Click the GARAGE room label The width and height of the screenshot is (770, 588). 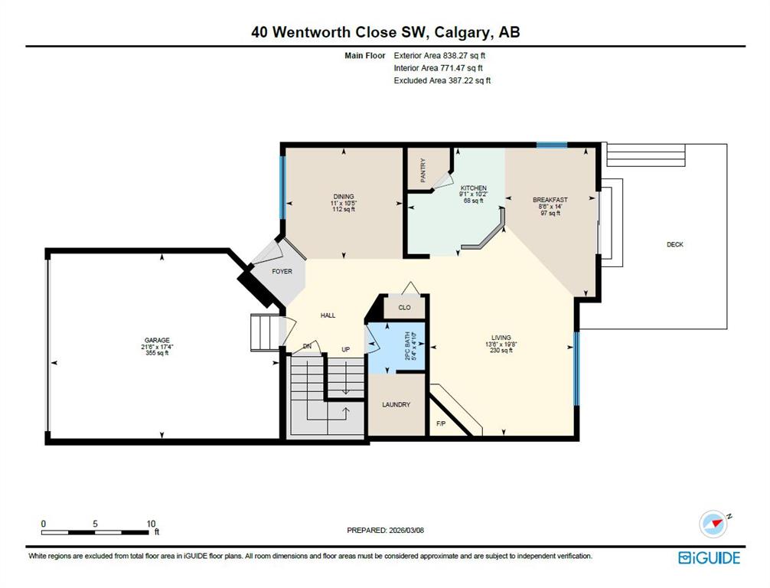(x=157, y=340)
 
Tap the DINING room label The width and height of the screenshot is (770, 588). (x=344, y=197)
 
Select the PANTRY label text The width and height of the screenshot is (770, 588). (x=423, y=170)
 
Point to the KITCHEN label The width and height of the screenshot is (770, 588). (x=473, y=188)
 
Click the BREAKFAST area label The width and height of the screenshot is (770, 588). (x=550, y=200)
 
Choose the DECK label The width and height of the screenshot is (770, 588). (x=675, y=244)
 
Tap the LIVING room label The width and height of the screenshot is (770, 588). (x=501, y=338)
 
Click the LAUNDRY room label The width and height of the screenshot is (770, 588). (x=396, y=405)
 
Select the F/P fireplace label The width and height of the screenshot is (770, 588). (x=441, y=423)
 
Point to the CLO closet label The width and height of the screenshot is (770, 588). (x=404, y=308)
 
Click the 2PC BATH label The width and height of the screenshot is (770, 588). (x=407, y=346)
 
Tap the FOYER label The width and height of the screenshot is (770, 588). (x=282, y=271)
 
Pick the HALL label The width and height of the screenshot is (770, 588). (x=328, y=315)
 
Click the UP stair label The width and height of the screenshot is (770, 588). (x=346, y=350)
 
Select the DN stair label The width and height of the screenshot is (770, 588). (x=307, y=346)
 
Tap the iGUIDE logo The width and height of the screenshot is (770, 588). (x=709, y=557)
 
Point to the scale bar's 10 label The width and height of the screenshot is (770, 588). (x=151, y=524)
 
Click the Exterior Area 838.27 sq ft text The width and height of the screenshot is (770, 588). (x=439, y=56)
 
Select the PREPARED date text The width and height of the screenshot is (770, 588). (x=385, y=530)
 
